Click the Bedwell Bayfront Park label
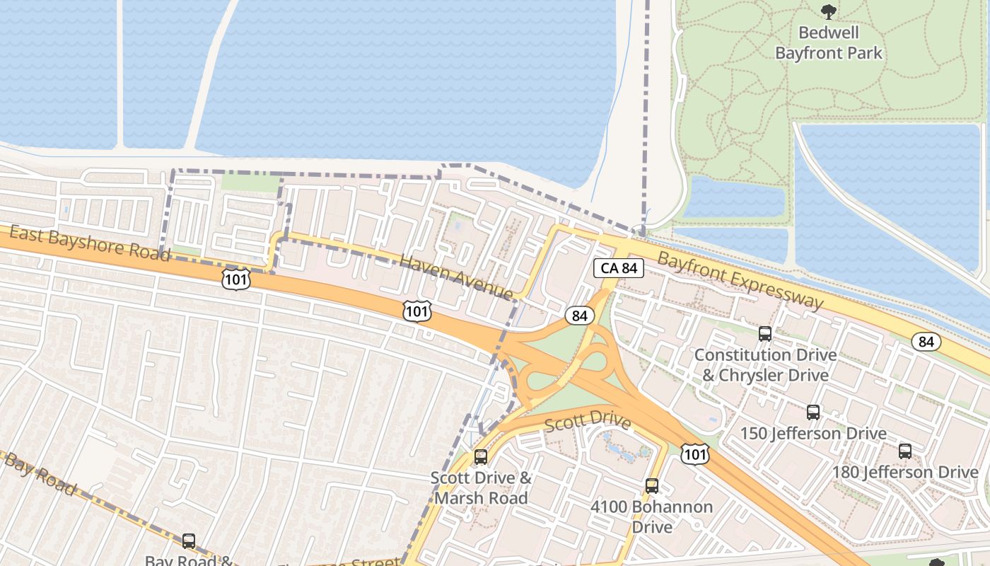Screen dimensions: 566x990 pos(829,42)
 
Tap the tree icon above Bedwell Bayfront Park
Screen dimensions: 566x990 pos(828,11)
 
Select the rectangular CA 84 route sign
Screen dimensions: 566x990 pos(619,268)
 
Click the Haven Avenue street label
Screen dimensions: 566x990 pos(456,277)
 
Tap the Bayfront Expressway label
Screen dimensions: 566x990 pos(740,279)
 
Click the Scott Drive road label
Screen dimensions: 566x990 pos(588,421)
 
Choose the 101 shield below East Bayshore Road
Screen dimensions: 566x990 pos(235,279)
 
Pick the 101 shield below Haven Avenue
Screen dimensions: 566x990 pos(417,311)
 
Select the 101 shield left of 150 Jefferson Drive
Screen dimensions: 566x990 pos(695,454)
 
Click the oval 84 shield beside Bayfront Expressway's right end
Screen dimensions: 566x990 pos(926,342)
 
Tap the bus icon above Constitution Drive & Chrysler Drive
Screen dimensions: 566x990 pos(765,333)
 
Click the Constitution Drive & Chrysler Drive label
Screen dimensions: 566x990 pos(765,364)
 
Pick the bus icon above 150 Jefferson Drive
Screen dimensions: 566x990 pos(813,412)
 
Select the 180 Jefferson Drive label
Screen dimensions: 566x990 pos(905,472)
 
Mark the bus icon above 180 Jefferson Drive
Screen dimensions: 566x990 pos(905,451)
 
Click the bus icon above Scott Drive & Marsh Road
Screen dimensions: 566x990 pos(481,457)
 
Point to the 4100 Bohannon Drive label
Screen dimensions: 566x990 pos(652,516)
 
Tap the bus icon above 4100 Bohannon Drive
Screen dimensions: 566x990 pos(652,486)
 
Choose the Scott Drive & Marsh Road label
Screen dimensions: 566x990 pos(481,487)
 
